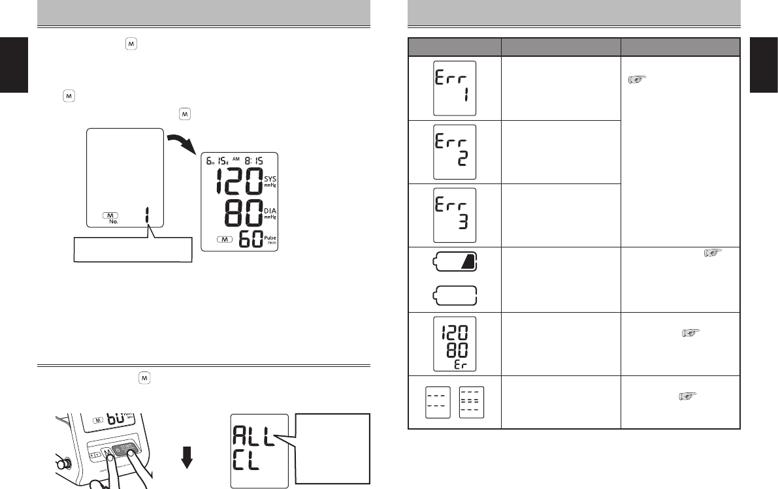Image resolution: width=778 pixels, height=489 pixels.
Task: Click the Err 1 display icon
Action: [455, 88]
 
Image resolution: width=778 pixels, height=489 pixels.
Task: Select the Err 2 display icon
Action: [455, 151]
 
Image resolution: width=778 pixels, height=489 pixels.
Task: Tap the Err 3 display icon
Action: [455, 215]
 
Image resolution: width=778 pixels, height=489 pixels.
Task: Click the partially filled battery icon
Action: [455, 261]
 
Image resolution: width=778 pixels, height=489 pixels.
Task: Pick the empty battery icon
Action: [455, 296]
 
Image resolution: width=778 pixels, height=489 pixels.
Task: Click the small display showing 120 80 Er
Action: [455, 343]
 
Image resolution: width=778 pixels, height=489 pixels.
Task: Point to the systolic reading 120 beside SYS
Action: [239, 181]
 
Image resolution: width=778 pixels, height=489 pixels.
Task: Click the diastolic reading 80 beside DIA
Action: [244, 213]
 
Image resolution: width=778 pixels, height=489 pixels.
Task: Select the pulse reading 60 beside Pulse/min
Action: [251, 239]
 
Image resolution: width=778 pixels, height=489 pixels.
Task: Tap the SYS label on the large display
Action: [270, 178]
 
